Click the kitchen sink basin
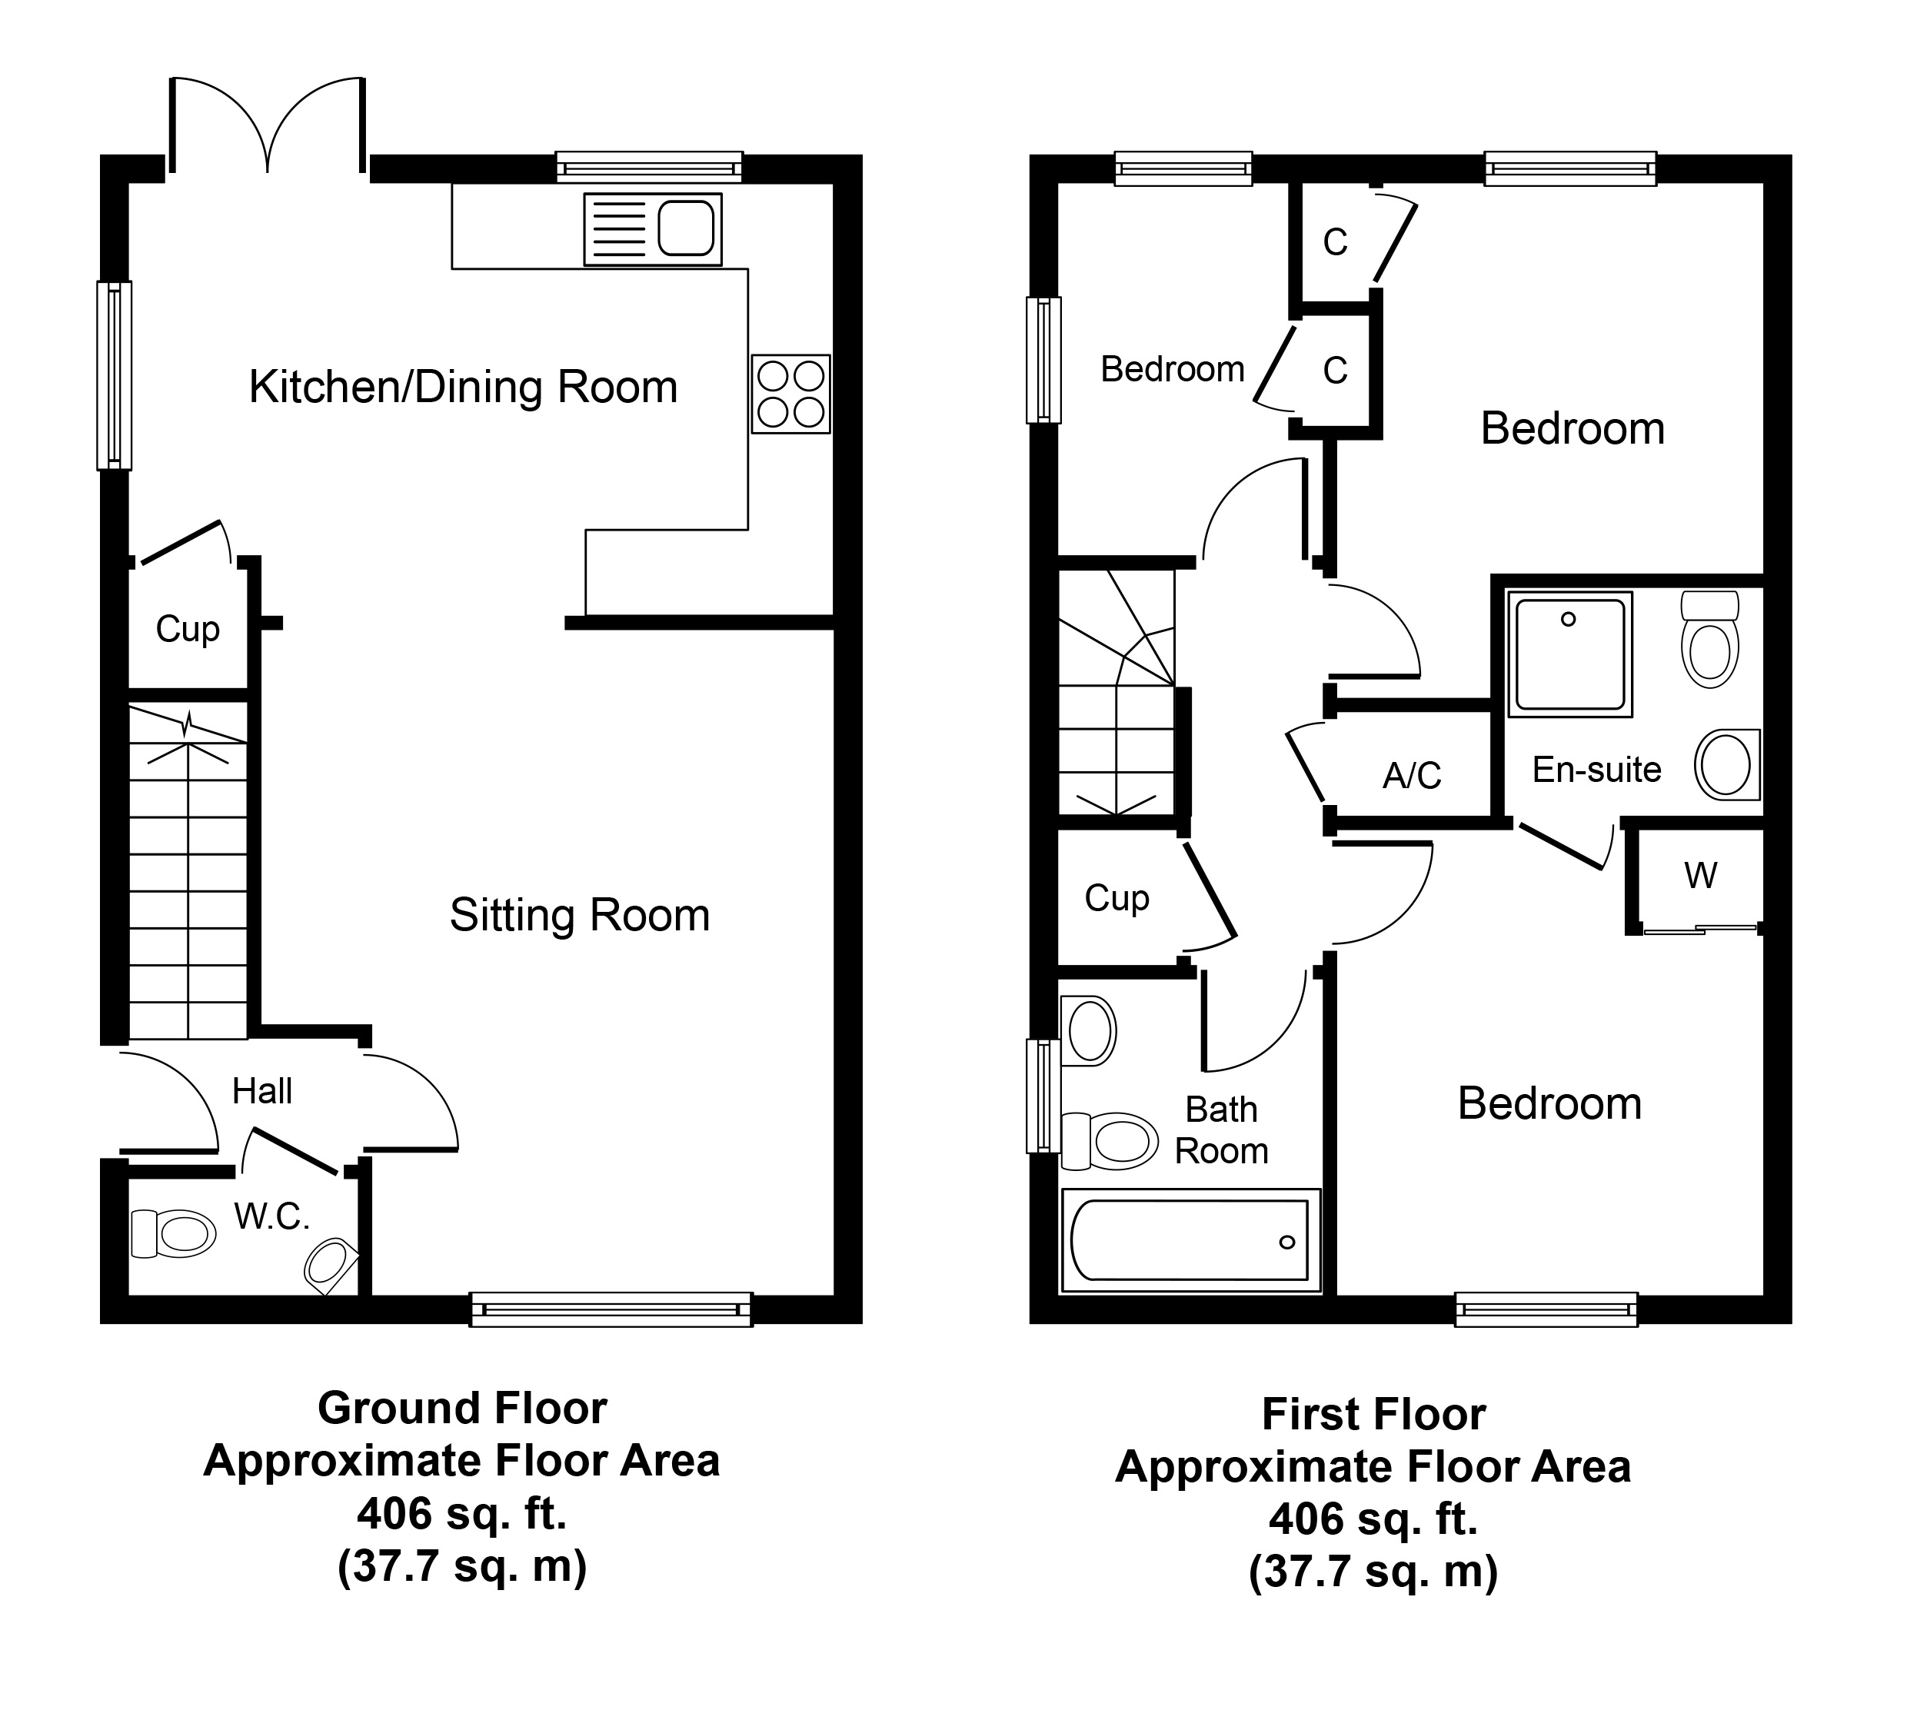686,228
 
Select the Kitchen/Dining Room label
463,387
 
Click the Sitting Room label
580,915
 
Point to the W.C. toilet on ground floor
175,1233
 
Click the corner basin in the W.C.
329,1262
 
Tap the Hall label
262,1091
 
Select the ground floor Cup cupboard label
188,629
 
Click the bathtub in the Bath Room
1190,1240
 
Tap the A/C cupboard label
1412,775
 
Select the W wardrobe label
1700,876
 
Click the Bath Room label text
1221,1130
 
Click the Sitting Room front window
611,1309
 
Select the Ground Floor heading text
462,1408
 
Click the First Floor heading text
1373,1414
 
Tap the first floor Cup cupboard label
1117,898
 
